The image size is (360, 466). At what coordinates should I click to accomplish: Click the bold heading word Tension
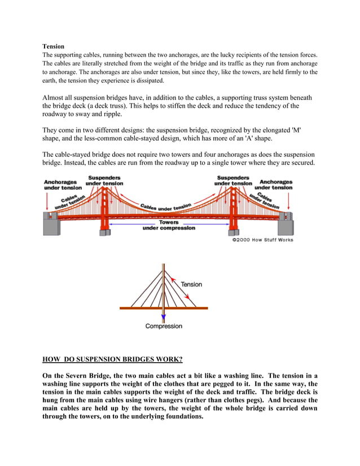pos(54,46)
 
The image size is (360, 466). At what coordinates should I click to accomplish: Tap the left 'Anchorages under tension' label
pos(63,185)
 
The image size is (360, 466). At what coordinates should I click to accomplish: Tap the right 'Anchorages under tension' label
pos(276,184)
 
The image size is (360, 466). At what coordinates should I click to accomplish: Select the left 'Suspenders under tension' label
pos(104,181)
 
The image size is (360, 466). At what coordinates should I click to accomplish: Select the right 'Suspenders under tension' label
pos(233,181)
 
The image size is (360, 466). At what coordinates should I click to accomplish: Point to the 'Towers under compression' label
pos(169,225)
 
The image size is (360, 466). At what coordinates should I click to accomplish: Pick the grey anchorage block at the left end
pos(52,225)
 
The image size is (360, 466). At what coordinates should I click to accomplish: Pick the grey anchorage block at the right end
pos(286,225)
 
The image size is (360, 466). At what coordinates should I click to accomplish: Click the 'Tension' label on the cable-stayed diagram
pos(191,284)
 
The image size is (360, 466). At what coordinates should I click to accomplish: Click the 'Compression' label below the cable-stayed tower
pos(164,326)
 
